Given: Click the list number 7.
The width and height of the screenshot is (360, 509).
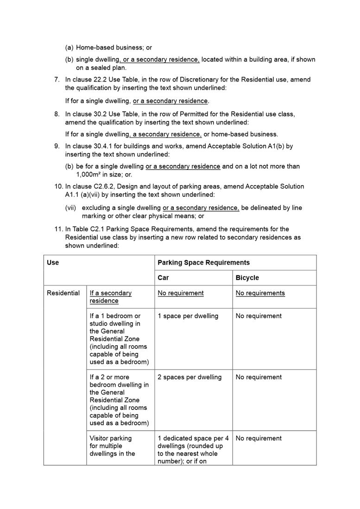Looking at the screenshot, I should (x=57, y=80).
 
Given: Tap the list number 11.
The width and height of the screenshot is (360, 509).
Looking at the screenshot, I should (x=58, y=229).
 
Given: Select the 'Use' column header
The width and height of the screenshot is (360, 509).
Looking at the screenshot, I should (x=53, y=263).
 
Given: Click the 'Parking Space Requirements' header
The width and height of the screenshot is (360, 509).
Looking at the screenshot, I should (x=203, y=263).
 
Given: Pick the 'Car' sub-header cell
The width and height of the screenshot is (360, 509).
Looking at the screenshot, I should (x=163, y=278).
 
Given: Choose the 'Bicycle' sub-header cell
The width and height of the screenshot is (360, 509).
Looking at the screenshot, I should (x=247, y=278).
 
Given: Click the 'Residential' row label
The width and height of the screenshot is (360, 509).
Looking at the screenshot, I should (x=63, y=293).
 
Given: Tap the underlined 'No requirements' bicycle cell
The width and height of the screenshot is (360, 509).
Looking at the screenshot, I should (x=260, y=293).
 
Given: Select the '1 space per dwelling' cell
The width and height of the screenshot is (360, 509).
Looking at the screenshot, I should (x=188, y=316).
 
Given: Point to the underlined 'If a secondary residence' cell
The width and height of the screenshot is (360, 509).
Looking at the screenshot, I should (x=110, y=297).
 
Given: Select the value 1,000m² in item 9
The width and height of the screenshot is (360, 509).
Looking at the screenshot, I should (x=91, y=175).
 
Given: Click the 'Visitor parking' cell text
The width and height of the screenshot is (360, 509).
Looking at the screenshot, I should (x=111, y=438).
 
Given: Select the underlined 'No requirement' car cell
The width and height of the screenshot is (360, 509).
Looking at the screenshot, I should (x=180, y=293).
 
